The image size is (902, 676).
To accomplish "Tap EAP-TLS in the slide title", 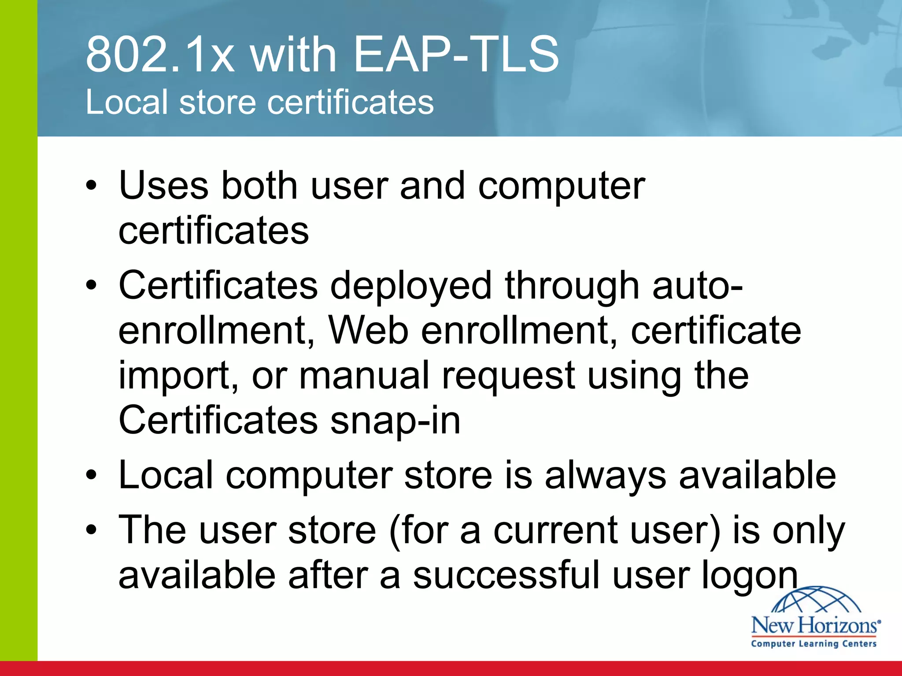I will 456,55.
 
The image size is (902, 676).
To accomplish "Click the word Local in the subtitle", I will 126,102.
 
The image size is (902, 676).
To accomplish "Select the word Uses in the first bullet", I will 163,186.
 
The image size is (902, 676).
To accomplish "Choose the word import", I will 174,377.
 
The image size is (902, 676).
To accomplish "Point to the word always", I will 605,477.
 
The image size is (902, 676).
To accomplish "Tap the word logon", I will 749,577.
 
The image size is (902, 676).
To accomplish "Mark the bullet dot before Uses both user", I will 91,186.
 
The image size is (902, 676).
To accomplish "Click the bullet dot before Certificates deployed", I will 91,286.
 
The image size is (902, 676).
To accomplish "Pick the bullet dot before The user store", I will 91,530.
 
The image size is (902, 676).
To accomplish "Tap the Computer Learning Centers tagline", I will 813,643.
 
